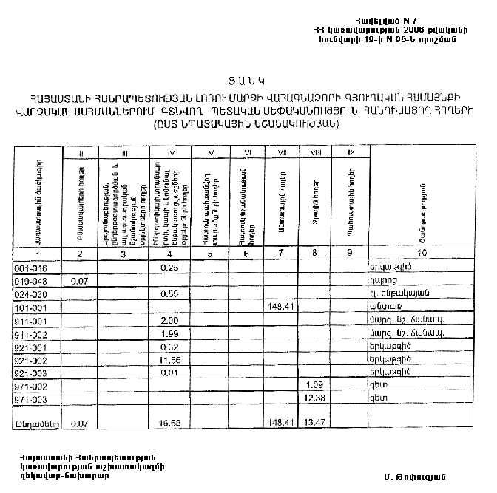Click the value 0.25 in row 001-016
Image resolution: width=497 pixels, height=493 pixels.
[x=171, y=268]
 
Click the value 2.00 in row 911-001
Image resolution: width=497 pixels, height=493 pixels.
[x=171, y=320]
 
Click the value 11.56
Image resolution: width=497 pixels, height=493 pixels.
[x=171, y=360]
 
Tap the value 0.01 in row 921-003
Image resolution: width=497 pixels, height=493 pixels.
[x=171, y=373]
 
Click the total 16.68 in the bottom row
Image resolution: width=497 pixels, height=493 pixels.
[x=171, y=424]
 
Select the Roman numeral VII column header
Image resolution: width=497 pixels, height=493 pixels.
[x=281, y=153]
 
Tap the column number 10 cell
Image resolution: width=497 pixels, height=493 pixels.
[x=422, y=254]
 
